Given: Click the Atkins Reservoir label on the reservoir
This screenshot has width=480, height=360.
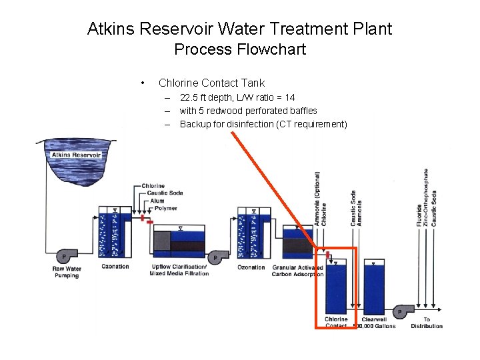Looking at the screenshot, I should pyautogui.click(x=77, y=155).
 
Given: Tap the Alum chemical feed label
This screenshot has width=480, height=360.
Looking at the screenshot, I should pyautogui.click(x=157, y=200).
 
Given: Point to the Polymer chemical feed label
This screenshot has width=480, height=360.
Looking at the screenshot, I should pyautogui.click(x=165, y=208).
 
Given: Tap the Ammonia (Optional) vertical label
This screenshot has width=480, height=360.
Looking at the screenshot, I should pyautogui.click(x=317, y=198).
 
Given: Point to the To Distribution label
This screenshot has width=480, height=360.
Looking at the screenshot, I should pyautogui.click(x=427, y=323).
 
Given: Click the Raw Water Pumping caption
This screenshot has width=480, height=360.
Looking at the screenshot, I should pyautogui.click(x=67, y=271).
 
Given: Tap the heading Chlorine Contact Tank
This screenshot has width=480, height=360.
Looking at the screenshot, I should pyautogui.click(x=211, y=83).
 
